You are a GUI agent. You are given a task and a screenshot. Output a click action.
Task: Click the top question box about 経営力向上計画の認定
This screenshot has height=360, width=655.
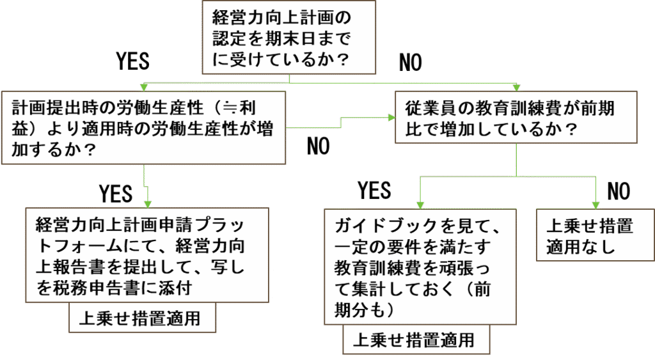coord(288,38)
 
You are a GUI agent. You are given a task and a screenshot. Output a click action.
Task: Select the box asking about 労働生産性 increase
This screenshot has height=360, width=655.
coord(143,128)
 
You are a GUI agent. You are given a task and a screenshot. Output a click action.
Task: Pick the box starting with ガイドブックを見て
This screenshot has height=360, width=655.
coord(420,266)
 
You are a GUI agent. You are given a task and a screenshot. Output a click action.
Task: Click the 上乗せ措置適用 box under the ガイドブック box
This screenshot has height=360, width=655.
coord(418,340)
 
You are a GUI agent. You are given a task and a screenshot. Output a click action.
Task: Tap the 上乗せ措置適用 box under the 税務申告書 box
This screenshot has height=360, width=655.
coord(143,318)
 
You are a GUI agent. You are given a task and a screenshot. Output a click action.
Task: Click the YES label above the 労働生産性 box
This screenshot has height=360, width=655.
coord(132,61)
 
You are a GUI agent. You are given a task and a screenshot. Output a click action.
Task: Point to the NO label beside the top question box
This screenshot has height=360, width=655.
coord(410,62)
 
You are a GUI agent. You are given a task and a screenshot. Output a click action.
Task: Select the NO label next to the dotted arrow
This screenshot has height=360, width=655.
coord(318,146)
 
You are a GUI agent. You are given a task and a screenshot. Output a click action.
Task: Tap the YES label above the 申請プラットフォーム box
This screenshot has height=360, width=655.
coord(115,193)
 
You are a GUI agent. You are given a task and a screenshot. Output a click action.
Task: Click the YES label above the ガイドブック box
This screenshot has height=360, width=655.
coord(374,191)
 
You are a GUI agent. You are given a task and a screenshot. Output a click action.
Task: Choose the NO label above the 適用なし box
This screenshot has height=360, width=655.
coord(618,191)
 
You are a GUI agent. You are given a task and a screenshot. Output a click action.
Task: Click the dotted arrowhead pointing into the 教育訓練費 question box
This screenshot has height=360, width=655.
coord(391,118)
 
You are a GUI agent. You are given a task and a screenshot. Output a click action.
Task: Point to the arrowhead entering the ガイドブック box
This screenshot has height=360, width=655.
coord(420,205)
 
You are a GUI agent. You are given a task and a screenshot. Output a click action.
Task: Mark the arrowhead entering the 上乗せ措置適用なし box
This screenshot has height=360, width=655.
coord(596,205)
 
